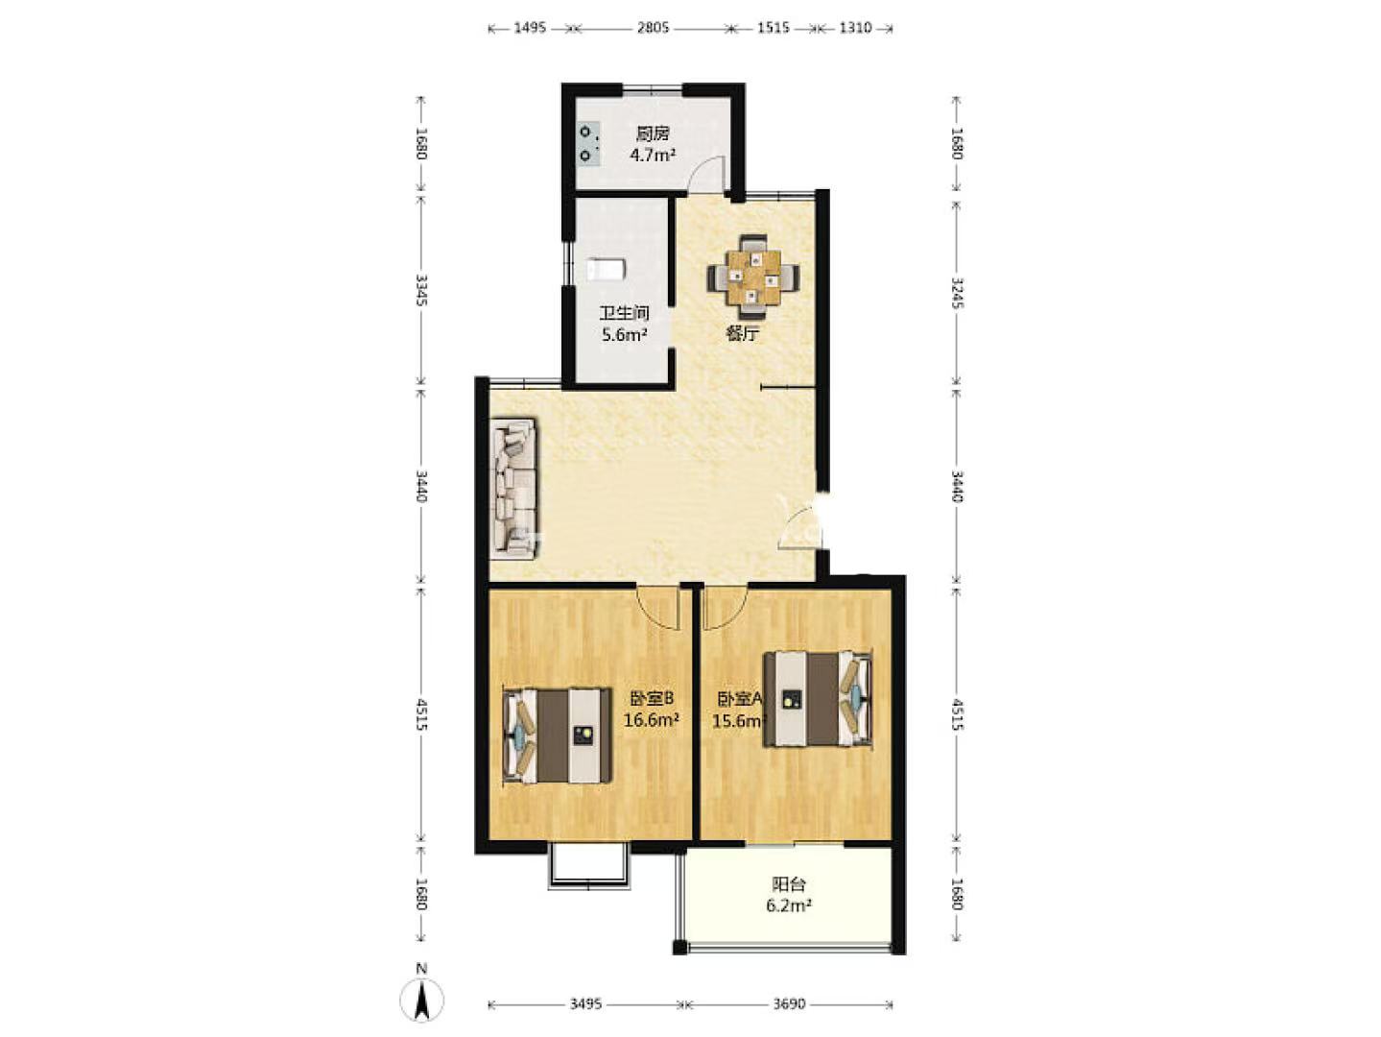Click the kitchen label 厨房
click(653, 133)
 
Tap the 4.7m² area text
click(653, 156)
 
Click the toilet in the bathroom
click(606, 269)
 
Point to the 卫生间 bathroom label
click(624, 313)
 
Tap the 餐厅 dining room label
click(743, 333)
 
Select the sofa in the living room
click(513, 489)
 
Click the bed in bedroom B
click(558, 736)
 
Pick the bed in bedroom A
click(818, 699)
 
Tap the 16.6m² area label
click(652, 720)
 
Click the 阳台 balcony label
click(788, 884)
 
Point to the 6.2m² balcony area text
click(788, 906)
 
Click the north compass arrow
click(422, 1000)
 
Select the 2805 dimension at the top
click(653, 28)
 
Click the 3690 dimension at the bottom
click(788, 1004)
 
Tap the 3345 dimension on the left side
click(422, 290)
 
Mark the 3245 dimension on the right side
click(957, 293)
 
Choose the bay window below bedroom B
click(589, 871)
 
